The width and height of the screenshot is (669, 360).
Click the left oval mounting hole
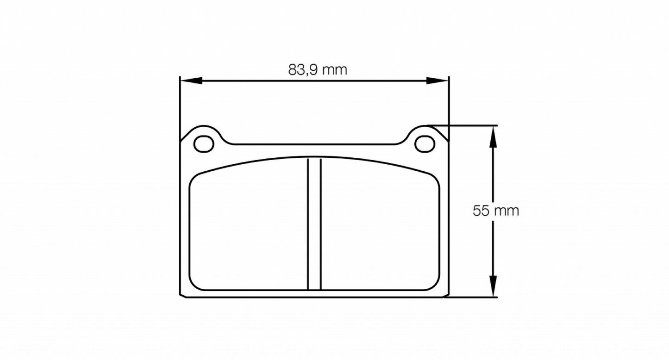pyautogui.click(x=204, y=144)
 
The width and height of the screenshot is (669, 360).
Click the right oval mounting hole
pyautogui.click(x=425, y=144)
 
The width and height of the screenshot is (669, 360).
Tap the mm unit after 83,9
pyautogui.click(x=335, y=70)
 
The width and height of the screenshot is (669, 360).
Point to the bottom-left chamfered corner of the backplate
pyautogui.click(x=183, y=295)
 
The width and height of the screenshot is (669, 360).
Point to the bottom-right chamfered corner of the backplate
pyautogui.click(x=446, y=295)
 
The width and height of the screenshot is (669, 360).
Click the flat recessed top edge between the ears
pyautogui.click(x=314, y=144)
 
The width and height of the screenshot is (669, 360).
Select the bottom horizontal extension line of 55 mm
pyautogui.click(x=472, y=297)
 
